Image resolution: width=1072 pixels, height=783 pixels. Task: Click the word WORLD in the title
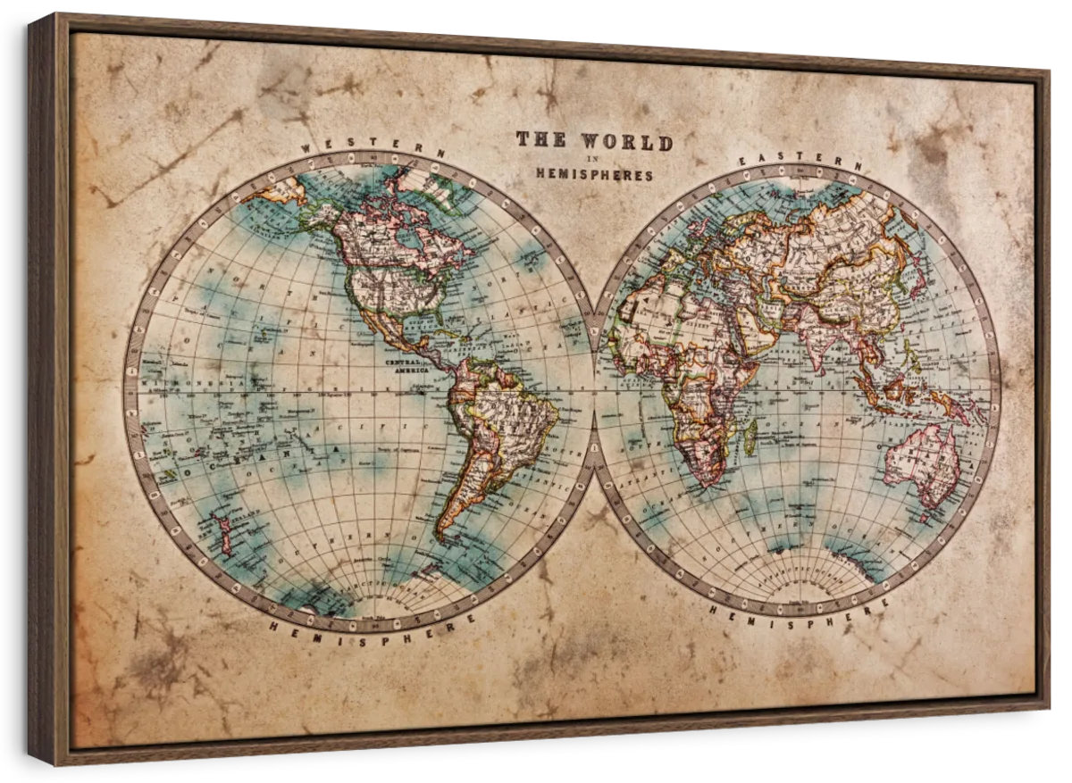(x=626, y=141)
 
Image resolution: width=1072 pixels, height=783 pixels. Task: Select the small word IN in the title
(x=593, y=159)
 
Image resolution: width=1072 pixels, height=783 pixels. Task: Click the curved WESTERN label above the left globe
(x=373, y=146)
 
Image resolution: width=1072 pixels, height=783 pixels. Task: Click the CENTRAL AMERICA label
(x=406, y=366)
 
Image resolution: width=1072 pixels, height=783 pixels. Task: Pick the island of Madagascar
(x=750, y=437)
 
